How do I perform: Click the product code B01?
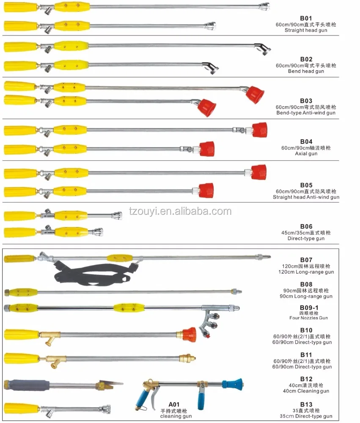[x=306, y=18]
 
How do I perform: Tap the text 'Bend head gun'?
[x=306, y=71]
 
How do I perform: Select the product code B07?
[x=306, y=260]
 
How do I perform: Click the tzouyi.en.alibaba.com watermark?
[x=180, y=211]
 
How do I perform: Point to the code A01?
[x=174, y=404]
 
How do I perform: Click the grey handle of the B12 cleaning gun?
[x=27, y=384]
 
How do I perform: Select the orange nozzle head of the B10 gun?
[x=189, y=335]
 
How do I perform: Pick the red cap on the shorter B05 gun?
[x=206, y=190]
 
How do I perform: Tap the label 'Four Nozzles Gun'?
[x=308, y=318]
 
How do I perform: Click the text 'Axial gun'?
[x=306, y=154]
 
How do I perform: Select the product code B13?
[x=306, y=404]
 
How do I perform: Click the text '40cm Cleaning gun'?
[x=306, y=391]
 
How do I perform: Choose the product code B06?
[x=306, y=226]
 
